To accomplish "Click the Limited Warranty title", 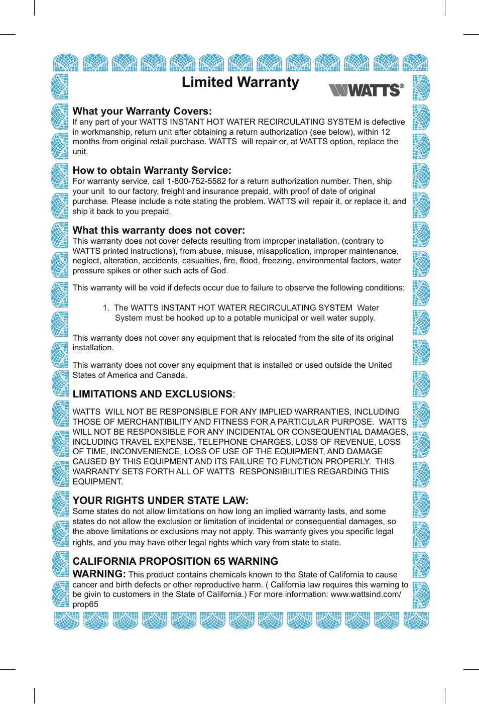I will click(240, 82).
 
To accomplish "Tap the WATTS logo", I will click(366, 90).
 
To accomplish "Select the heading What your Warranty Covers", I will click(142, 111).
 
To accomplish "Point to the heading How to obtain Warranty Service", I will click(152, 170).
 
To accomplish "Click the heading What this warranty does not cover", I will click(159, 230).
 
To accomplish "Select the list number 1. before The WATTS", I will click(106, 308).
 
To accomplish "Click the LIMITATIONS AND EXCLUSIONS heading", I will click(153, 394).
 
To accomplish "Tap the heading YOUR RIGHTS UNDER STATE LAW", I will click(160, 500).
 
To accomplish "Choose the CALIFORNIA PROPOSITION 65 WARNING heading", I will click(175, 561).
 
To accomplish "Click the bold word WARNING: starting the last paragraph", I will click(99, 574).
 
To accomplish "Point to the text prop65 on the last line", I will click(85, 605).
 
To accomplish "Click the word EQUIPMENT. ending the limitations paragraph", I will click(97, 482).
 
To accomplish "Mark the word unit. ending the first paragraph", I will click(80, 152).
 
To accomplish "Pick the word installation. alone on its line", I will click(93, 348).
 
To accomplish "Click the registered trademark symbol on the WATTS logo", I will click(402, 86).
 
